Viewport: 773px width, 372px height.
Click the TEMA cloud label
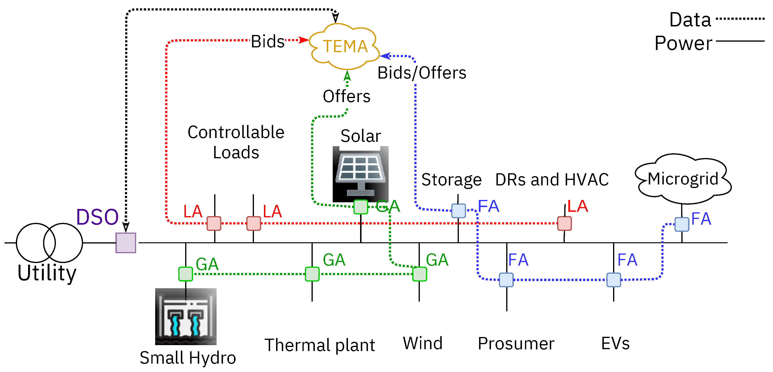coord(345,46)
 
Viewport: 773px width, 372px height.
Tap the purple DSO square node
coord(126,243)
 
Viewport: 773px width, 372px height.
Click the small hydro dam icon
coord(185,317)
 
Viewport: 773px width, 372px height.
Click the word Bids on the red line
coord(267,41)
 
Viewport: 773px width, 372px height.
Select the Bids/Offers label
coord(422,73)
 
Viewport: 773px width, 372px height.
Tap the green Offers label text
coord(346,96)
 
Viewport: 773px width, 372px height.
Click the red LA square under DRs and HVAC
coord(564,223)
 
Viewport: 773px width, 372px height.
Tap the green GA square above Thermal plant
coord(312,274)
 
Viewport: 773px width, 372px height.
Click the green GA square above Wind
coord(419,274)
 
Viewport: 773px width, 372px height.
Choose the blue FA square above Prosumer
coord(506,280)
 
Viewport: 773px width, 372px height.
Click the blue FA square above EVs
coord(613,280)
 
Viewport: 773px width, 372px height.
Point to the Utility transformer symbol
coord(49,243)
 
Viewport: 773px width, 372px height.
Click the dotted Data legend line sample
coord(740,19)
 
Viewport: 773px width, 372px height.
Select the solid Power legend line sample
coord(740,41)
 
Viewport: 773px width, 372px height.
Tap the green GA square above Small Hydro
coord(185,274)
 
